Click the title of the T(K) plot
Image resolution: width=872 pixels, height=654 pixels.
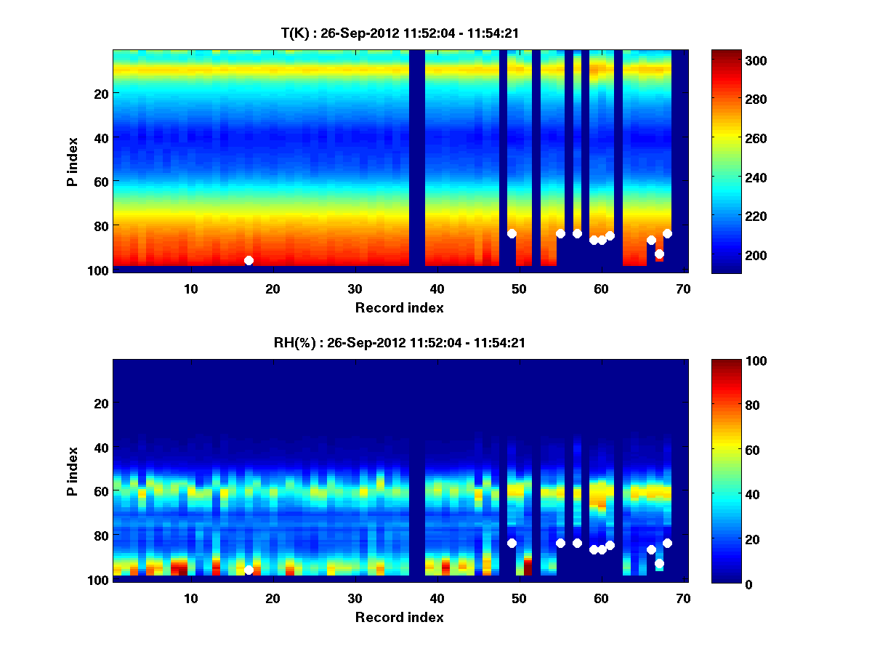click(x=400, y=33)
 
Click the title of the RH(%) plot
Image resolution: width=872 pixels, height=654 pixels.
click(x=400, y=342)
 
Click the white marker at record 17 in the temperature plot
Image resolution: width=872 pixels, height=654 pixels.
click(x=249, y=260)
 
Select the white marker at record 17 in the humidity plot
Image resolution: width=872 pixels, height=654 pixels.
click(x=249, y=570)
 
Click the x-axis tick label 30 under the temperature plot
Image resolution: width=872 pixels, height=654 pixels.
click(x=355, y=288)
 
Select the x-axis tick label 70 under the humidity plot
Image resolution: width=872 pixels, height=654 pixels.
click(x=683, y=598)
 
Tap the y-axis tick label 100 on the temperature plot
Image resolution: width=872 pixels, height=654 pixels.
click(x=99, y=270)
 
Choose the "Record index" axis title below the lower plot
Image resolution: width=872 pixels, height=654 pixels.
click(x=400, y=617)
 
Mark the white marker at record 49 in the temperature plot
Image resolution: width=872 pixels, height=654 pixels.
click(x=512, y=233)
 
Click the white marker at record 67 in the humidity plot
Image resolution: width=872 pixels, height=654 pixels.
click(x=659, y=563)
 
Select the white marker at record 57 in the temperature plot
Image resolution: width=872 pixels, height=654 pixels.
click(x=577, y=233)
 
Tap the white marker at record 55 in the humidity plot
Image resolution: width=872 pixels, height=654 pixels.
click(x=560, y=543)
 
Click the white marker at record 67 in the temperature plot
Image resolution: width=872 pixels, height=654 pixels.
click(x=659, y=254)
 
